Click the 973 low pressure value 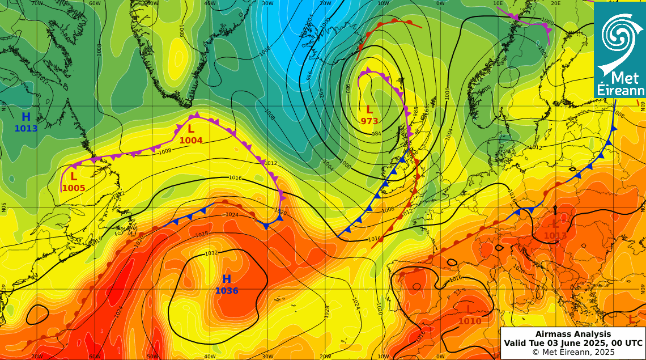[369, 121]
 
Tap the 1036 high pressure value [226, 291]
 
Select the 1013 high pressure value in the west [26, 129]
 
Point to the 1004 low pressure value [191, 141]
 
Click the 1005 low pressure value [74, 188]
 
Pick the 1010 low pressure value [470, 321]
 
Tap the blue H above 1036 [227, 279]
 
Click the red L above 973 [369, 109]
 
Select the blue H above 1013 [26, 117]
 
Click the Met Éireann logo [619, 49]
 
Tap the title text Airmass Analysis [573, 334]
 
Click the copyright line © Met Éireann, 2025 [573, 351]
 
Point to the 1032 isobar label [211, 253]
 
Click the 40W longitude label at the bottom [210, 357]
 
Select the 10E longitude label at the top [498, 3]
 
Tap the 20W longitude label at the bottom [326, 357]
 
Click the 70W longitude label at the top [37, 3]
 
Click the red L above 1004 [191, 129]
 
